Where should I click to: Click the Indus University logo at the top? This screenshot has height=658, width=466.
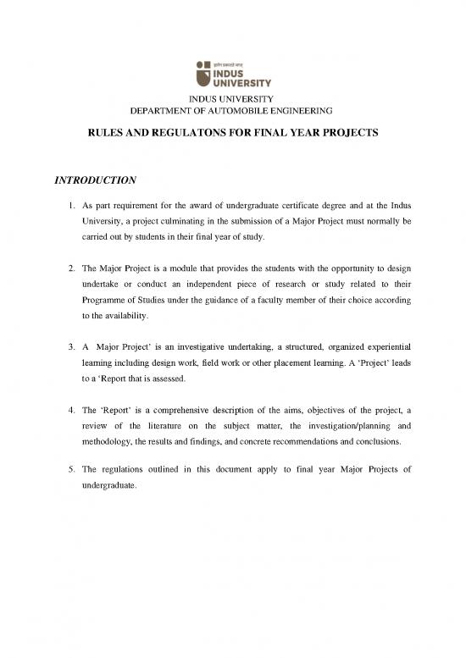[233, 74]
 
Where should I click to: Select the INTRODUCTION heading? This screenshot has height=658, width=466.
[96, 180]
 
